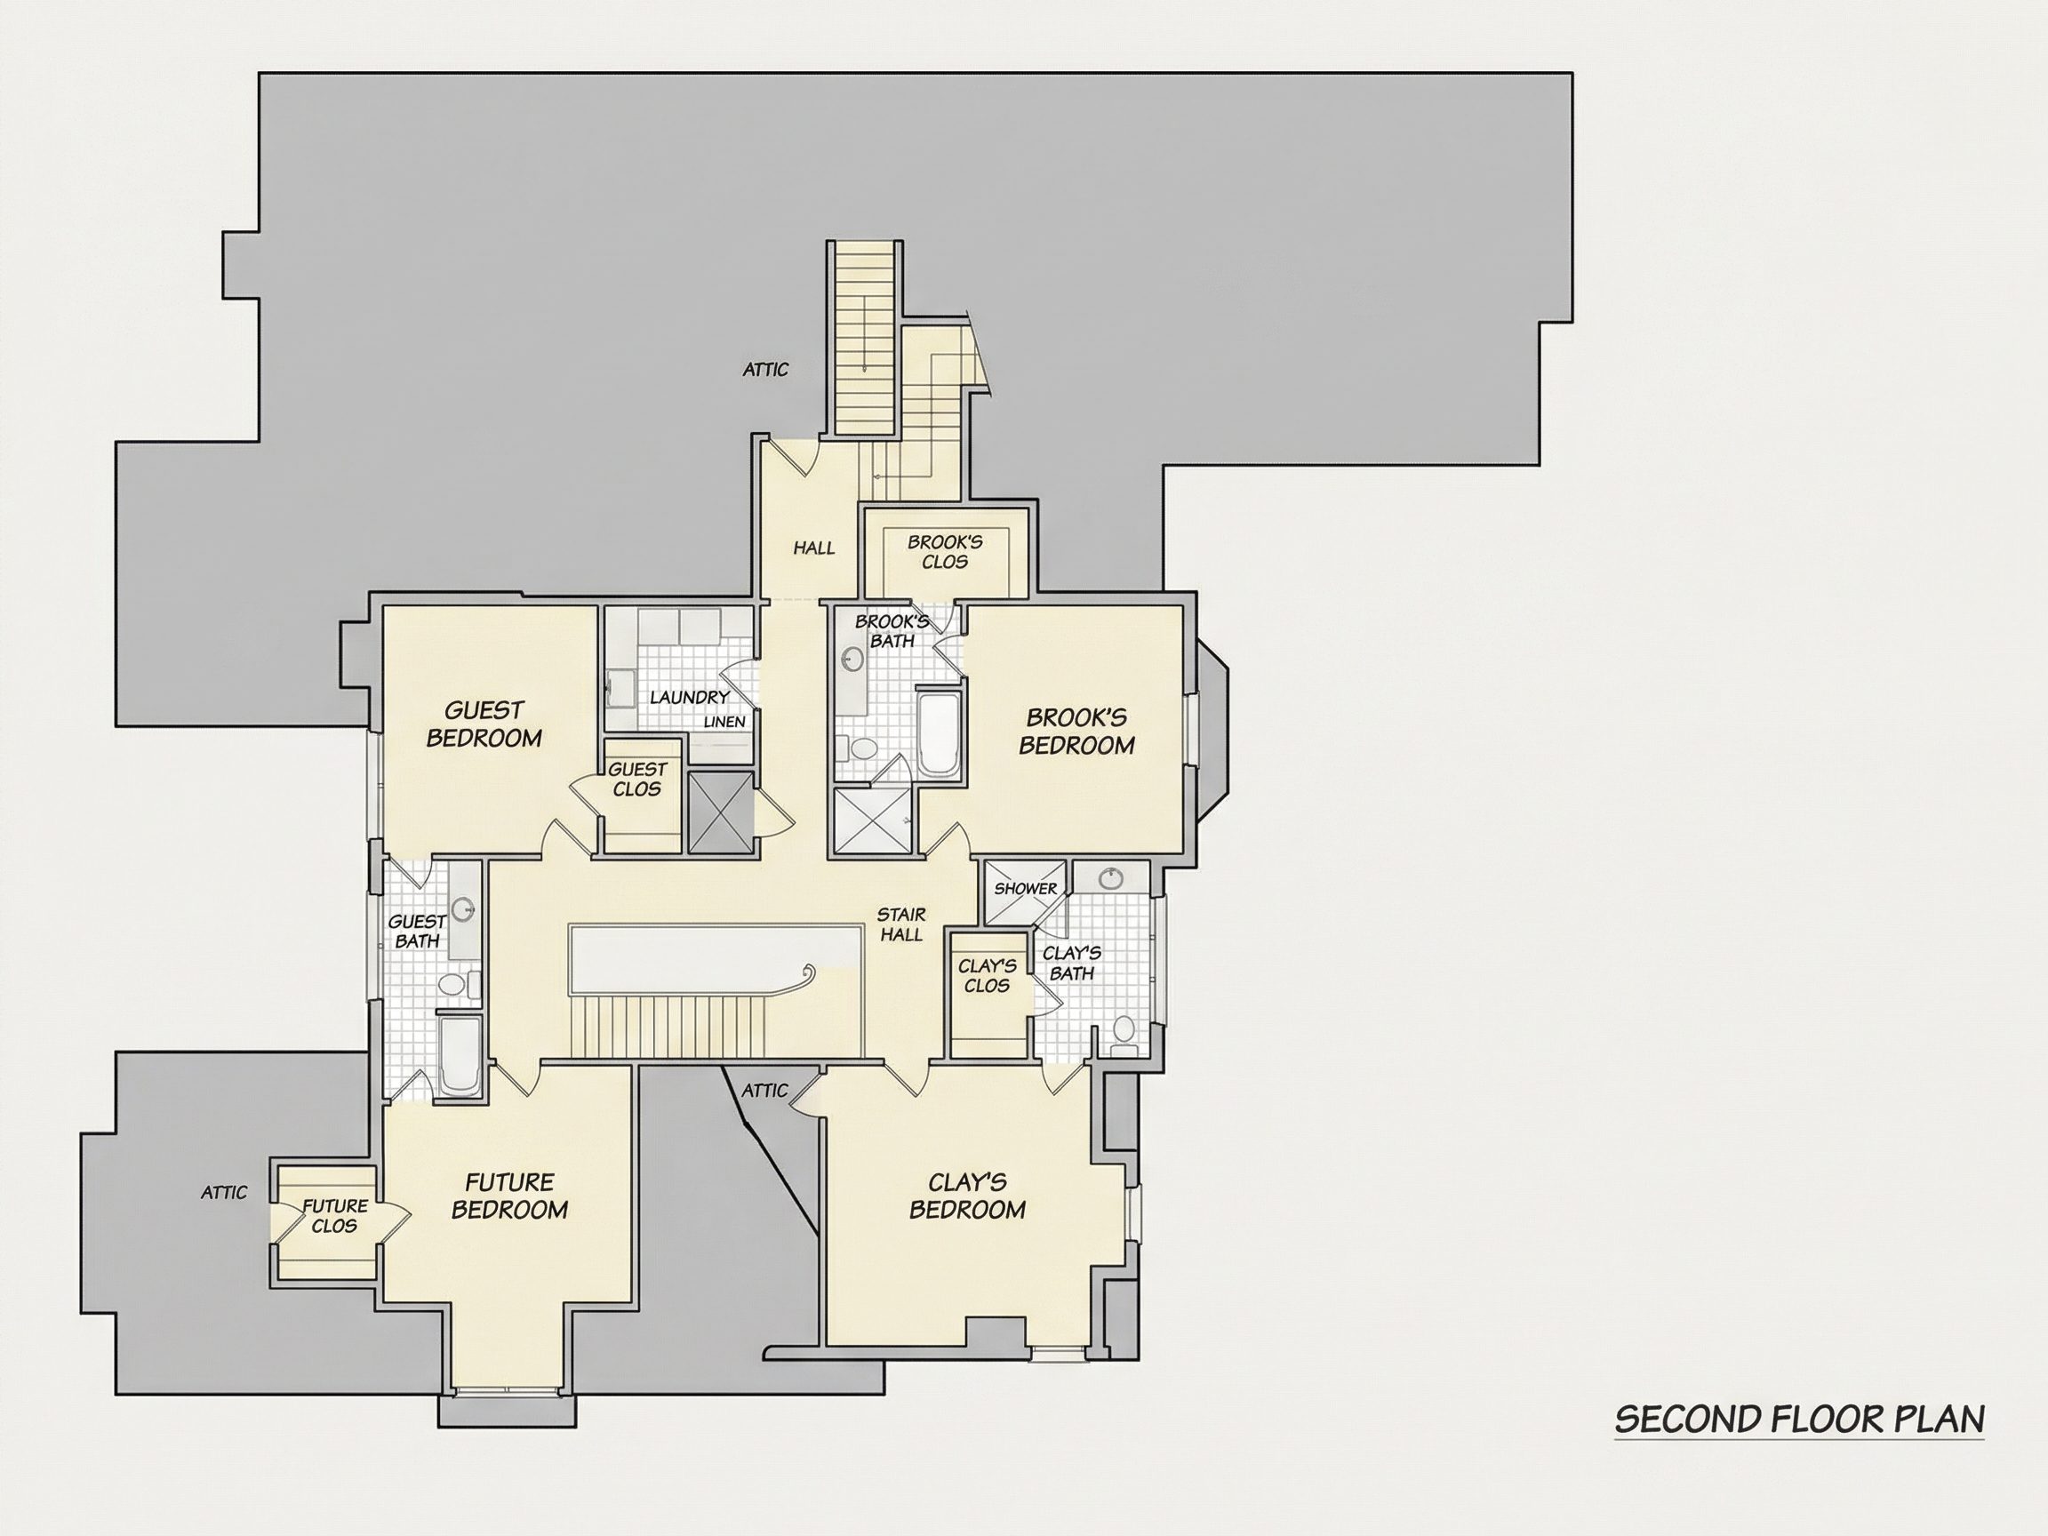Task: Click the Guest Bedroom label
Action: pos(484,724)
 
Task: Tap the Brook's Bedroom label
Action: pos(1076,732)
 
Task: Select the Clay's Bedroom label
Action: pos(967,1196)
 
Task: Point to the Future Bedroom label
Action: pos(509,1196)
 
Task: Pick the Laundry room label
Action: pos(690,697)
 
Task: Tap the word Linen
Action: pos(724,722)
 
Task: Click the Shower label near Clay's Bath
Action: pos(1026,889)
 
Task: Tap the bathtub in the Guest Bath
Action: pos(460,1055)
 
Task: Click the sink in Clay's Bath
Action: pos(1109,877)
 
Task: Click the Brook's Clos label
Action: pos(944,552)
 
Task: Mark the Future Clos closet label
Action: pos(335,1216)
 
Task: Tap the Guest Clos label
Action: pos(637,780)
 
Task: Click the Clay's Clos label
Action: pos(987,976)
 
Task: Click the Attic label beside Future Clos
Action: pos(224,1193)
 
